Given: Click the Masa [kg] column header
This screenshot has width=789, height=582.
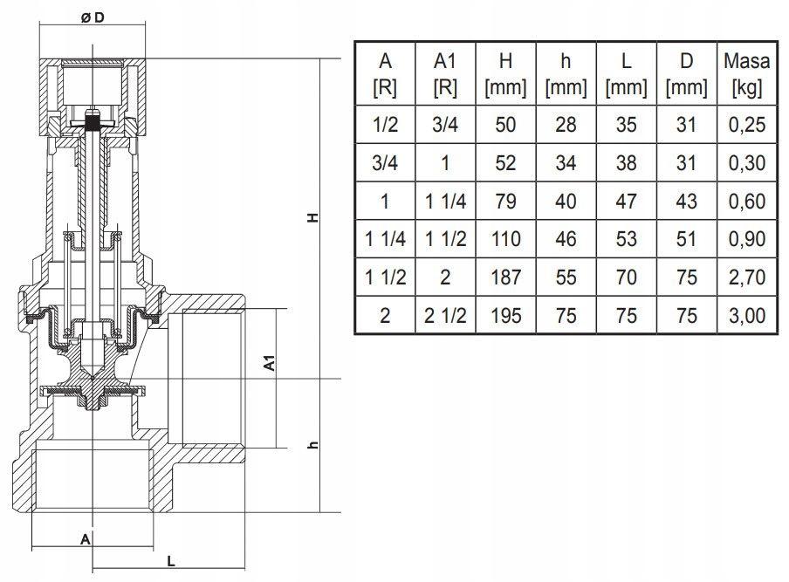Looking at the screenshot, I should tap(746, 73).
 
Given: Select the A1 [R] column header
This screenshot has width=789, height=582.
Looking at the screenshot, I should tap(445, 73).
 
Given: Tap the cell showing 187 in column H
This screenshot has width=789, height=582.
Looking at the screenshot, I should tap(506, 277).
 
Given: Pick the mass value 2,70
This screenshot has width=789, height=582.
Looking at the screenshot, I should tap(746, 277).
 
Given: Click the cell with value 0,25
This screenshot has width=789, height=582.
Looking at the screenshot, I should tap(746, 125).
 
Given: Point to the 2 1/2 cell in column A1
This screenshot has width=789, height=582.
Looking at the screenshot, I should tap(445, 315).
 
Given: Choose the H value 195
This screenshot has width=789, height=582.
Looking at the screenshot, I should tap(506, 315).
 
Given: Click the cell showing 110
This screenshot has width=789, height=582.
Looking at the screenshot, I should tap(506, 239).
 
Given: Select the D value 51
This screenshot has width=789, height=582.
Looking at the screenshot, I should tap(687, 239).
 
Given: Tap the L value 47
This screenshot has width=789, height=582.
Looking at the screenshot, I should tap(626, 201).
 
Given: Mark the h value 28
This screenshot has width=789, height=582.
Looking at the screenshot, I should tap(566, 125).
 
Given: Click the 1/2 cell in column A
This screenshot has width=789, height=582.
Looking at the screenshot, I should tap(385, 125).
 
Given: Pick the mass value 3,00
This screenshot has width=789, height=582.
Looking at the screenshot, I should tap(746, 315).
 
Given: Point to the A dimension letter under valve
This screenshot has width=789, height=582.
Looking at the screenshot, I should tap(85, 539).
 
